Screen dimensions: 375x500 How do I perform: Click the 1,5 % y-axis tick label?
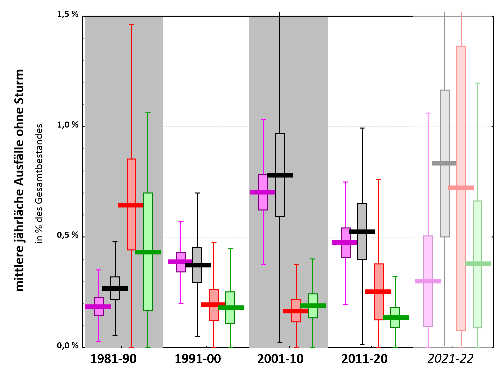(68, 14)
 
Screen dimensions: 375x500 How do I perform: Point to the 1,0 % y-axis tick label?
(68, 125)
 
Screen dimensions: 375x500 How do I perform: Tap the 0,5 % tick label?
(68, 235)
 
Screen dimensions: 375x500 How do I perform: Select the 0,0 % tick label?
(68, 346)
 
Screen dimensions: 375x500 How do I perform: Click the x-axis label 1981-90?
(113, 359)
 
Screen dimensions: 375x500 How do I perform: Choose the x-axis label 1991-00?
(198, 359)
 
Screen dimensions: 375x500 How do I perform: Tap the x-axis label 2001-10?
(280, 359)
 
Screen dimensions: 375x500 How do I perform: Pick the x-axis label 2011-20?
(364, 359)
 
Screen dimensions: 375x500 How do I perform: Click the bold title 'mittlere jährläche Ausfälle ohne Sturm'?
(20, 180)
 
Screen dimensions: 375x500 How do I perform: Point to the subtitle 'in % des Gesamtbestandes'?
(40, 184)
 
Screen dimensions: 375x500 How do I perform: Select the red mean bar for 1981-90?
(131, 205)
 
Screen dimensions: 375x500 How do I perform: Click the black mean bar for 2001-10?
(280, 175)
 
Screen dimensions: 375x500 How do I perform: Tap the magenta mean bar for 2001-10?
(263, 192)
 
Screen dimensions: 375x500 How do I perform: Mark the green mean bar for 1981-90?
(148, 252)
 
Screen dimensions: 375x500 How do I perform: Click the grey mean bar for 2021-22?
(444, 163)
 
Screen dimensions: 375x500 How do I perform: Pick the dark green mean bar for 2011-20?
(396, 317)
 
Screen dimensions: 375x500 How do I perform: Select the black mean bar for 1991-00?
(198, 265)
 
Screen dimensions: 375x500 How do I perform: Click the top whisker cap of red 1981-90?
(131, 24)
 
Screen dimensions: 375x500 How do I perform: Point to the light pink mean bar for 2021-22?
(428, 281)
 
